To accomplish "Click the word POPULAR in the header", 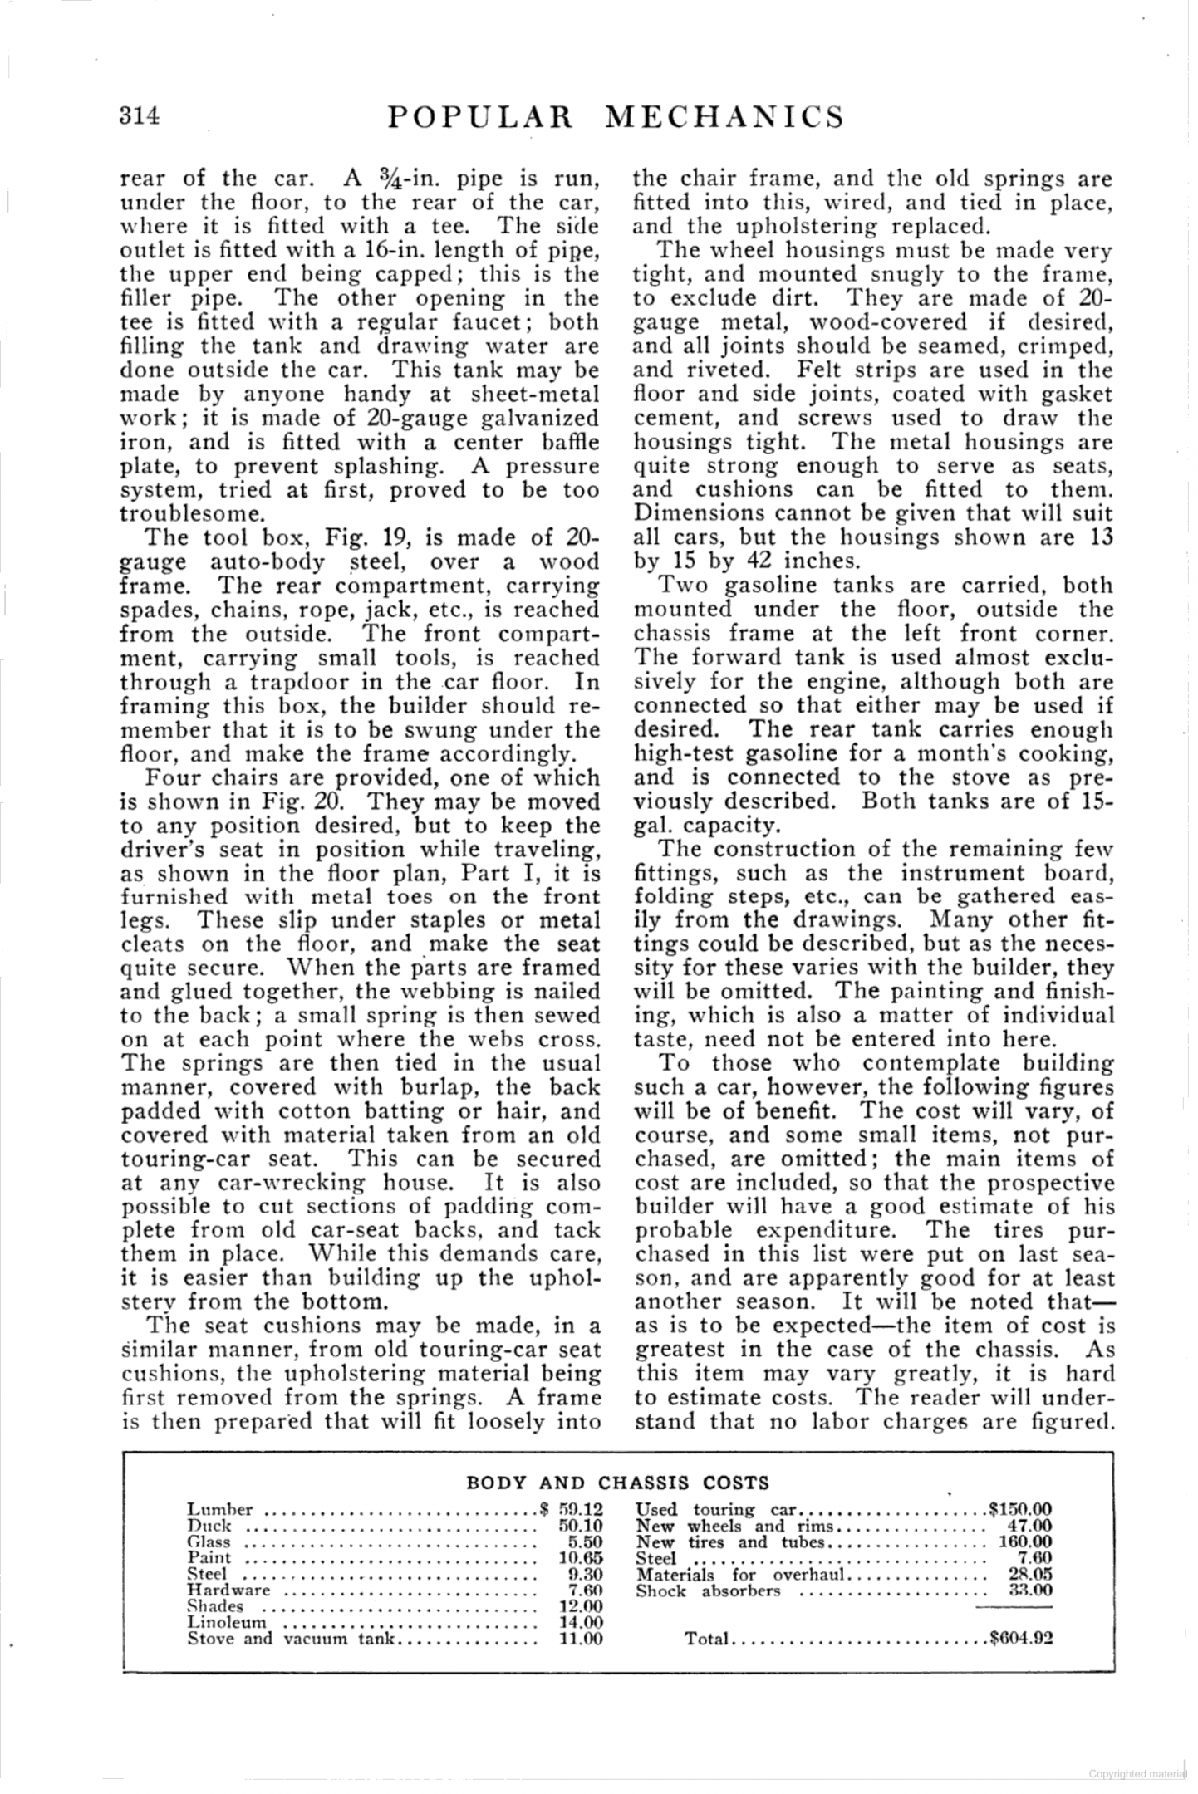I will [x=481, y=116].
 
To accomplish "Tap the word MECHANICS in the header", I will [x=724, y=116].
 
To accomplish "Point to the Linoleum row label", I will [x=227, y=1621].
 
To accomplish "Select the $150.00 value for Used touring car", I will [x=1019, y=1509].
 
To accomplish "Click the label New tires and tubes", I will [x=729, y=1542].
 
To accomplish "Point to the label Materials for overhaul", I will [x=740, y=1574].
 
